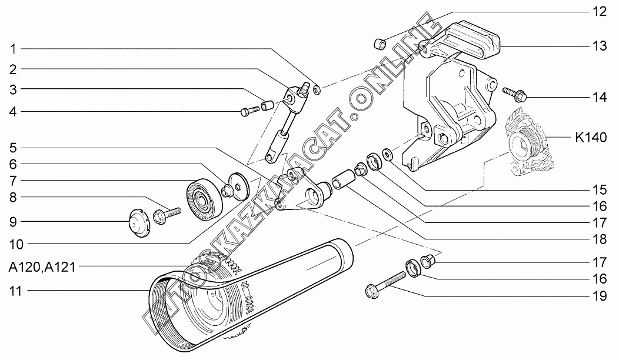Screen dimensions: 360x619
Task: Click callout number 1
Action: click(12, 48)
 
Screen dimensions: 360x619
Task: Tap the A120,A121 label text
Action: click(41, 266)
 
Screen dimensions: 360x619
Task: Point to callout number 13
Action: click(599, 46)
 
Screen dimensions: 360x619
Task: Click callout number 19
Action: click(599, 296)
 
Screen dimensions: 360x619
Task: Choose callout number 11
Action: click(12, 290)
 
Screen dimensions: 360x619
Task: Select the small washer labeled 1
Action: click(317, 89)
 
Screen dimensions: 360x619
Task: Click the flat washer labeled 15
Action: click(387, 155)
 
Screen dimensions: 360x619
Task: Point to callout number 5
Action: click(12, 147)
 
